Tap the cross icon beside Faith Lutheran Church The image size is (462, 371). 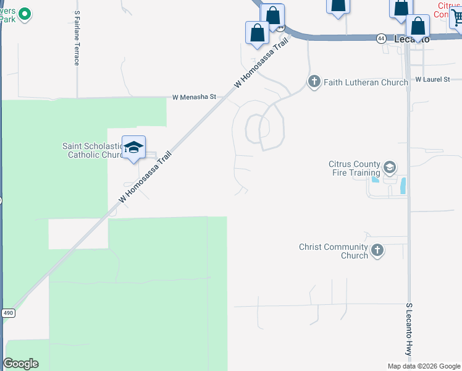[x=314, y=82]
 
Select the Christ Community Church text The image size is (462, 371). [x=334, y=251]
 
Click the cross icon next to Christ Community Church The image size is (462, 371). [x=377, y=251]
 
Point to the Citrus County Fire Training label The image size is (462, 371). [x=355, y=169]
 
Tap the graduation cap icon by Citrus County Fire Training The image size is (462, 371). [x=390, y=168]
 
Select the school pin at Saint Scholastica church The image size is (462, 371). [x=133, y=148]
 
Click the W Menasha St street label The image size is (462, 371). [x=194, y=97]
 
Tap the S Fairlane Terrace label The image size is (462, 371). [x=77, y=38]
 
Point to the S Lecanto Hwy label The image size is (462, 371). [x=409, y=329]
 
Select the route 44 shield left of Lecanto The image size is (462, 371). [x=381, y=38]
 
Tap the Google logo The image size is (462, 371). [x=20, y=364]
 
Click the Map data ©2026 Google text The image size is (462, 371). [x=423, y=366]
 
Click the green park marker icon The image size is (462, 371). [x=25, y=13]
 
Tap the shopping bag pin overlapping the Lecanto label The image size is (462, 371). [x=418, y=27]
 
